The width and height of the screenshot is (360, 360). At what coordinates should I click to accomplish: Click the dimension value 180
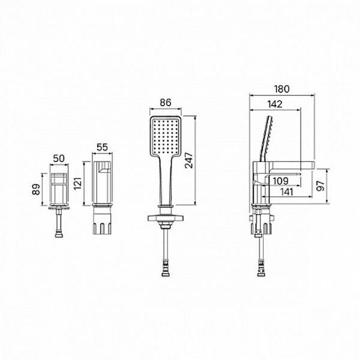282,89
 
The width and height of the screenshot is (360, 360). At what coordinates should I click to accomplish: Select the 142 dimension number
275,104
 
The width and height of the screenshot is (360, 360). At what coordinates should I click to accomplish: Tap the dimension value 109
281,181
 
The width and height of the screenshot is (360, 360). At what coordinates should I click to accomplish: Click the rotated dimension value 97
320,186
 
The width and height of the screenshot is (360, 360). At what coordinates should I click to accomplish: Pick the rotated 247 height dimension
190,160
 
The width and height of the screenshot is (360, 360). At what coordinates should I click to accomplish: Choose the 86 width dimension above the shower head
166,103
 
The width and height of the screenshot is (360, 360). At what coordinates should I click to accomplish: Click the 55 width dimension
102,147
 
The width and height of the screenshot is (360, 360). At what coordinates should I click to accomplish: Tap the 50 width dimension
59,158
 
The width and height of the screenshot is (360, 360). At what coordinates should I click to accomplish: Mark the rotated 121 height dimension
78,183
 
